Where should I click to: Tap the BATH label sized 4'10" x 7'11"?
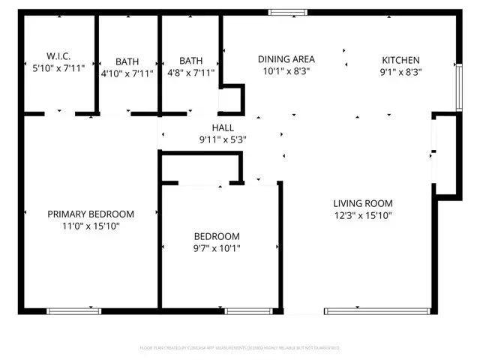pos(127,61)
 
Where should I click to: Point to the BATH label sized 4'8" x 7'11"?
pos(190,61)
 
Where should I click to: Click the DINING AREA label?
pos(286,59)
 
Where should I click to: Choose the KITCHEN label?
pos(400,60)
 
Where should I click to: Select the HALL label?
pos(223,128)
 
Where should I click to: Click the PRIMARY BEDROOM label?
pos(91,214)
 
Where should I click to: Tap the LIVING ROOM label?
pos(363,203)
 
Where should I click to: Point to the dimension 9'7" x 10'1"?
pos(217,248)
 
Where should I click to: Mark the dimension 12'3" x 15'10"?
pos(363,215)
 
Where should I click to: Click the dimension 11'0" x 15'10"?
pos(91,226)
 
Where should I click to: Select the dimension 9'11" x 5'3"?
pos(223,139)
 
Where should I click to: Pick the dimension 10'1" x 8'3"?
pos(286,71)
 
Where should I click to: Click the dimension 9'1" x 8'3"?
pos(400,72)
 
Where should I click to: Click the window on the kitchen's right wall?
pos(459,85)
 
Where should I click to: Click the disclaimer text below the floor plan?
pos(240,348)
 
